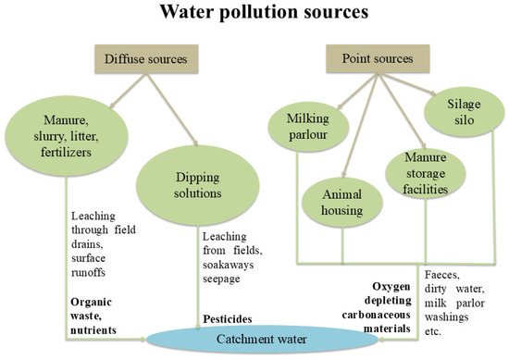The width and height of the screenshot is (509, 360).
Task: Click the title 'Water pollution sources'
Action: [x=254, y=15]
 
